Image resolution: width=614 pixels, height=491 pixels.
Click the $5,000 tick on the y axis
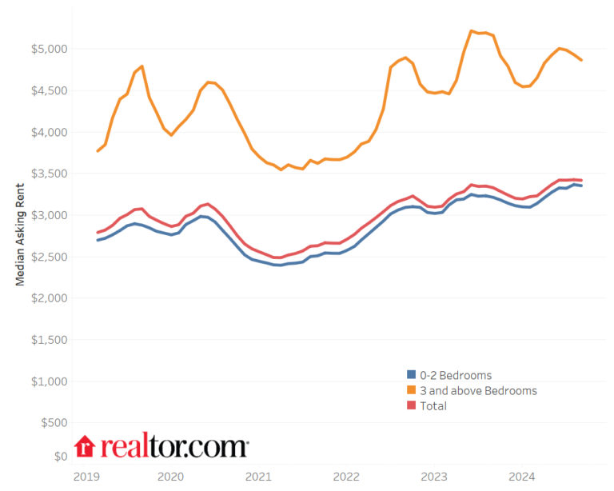pyautogui.click(x=50, y=49)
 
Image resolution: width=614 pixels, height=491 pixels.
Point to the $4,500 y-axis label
pyautogui.click(x=50, y=90)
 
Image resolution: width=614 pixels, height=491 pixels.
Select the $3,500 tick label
pyautogui.click(x=50, y=174)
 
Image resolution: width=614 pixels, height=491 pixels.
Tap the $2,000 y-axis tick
pyautogui.click(x=50, y=298)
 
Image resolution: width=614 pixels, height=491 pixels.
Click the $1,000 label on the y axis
pyautogui.click(x=50, y=381)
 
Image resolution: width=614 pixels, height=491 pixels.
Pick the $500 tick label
pyautogui.click(x=54, y=423)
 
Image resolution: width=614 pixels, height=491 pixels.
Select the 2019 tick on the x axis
pyautogui.click(x=86, y=477)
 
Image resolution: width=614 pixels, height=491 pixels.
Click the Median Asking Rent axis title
pyautogui.click(x=20, y=232)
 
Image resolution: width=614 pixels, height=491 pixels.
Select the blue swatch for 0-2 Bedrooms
pyautogui.click(x=412, y=375)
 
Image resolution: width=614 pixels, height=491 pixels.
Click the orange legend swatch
pyautogui.click(x=412, y=390)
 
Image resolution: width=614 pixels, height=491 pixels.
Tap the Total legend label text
pyautogui.click(x=433, y=406)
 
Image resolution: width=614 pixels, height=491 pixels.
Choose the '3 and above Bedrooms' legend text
pyautogui.click(x=478, y=390)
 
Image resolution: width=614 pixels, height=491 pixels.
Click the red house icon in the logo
pyautogui.click(x=85, y=447)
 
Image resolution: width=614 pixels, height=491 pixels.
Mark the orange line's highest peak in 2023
pyautogui.click(x=472, y=31)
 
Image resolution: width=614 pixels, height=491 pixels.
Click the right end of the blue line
pyautogui.click(x=581, y=186)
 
